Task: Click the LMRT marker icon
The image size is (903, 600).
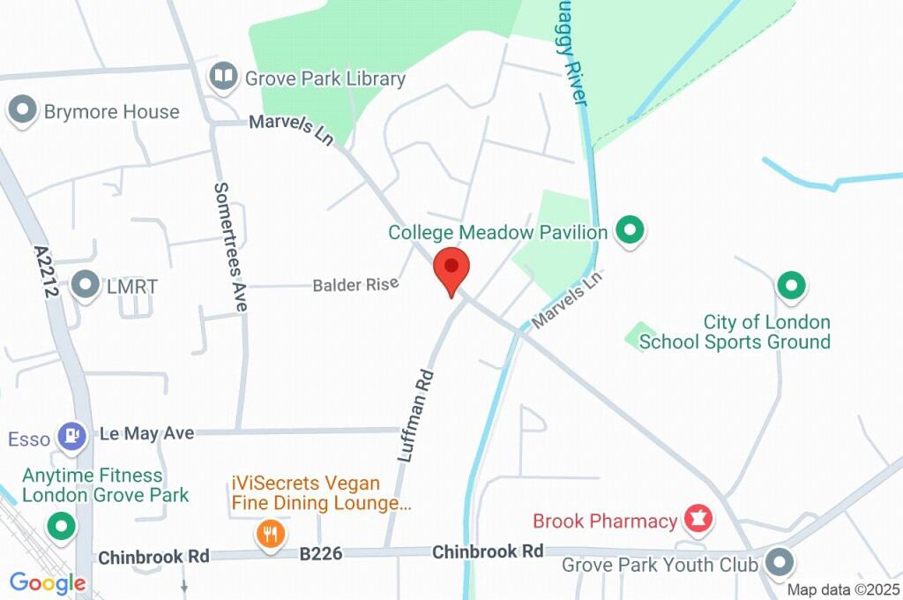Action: pyautogui.click(x=86, y=285)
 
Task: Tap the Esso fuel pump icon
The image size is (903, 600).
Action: pyautogui.click(x=71, y=435)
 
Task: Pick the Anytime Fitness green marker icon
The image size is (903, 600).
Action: pyautogui.click(x=62, y=528)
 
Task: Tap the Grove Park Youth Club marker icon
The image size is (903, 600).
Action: pyautogui.click(x=779, y=562)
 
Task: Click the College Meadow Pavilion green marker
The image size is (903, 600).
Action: pyautogui.click(x=630, y=231)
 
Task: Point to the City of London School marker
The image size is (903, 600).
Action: pyautogui.click(x=791, y=285)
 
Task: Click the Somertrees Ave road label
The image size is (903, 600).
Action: pyautogui.click(x=231, y=246)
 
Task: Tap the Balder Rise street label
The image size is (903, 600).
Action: pyautogui.click(x=355, y=285)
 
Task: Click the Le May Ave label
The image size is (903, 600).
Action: pyautogui.click(x=146, y=433)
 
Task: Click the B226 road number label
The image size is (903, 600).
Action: pyautogui.click(x=321, y=554)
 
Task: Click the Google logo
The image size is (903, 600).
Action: pyautogui.click(x=48, y=583)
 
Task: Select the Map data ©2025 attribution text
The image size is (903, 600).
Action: pyautogui.click(x=844, y=589)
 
